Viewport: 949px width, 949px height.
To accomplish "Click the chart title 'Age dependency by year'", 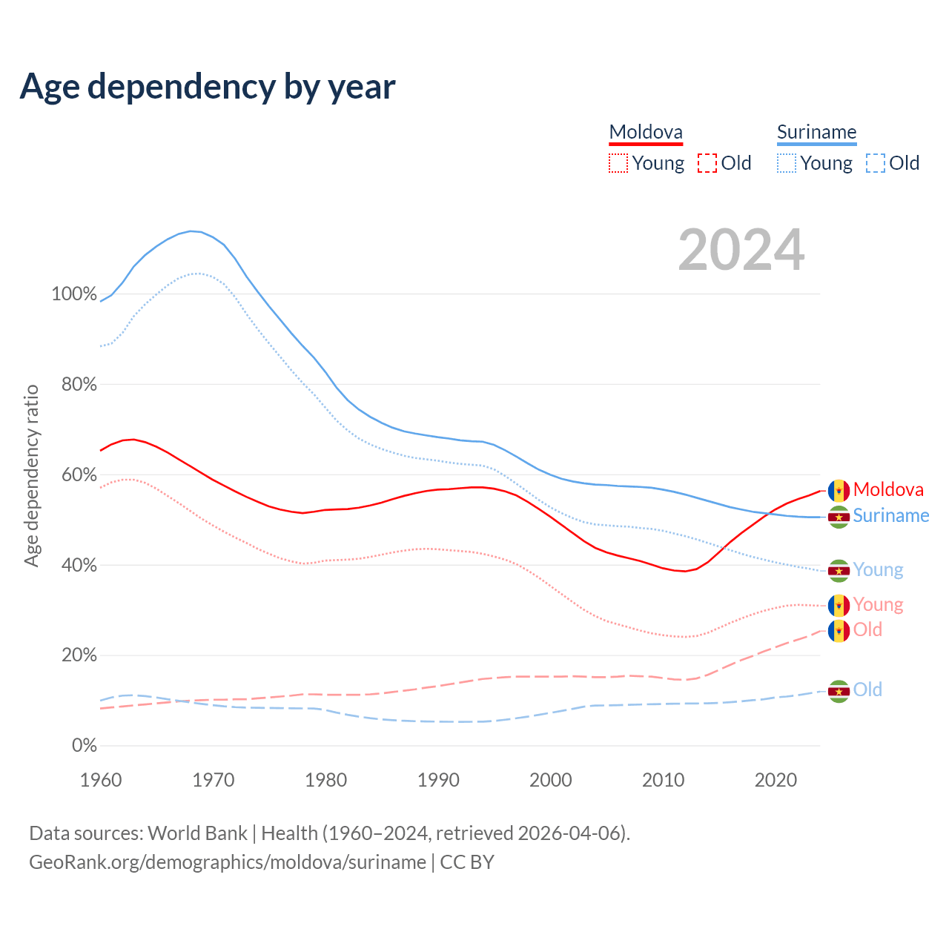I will (208, 87).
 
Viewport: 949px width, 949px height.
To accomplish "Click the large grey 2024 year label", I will (741, 251).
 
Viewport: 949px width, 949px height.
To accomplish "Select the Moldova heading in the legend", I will (646, 133).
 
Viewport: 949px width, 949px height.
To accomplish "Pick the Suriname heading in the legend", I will (816, 133).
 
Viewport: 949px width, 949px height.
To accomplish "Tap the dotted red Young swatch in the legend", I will (618, 163).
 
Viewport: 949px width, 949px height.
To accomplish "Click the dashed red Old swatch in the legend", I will (707, 163).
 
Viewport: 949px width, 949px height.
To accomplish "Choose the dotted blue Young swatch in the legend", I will (787, 163).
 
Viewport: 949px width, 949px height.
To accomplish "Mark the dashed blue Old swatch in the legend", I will (876, 163).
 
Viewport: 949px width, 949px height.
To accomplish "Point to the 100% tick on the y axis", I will (74, 294).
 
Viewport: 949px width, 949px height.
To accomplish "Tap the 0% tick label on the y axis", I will (85, 746).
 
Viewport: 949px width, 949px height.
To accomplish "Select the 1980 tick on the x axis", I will (326, 780).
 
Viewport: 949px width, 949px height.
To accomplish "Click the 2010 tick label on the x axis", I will (663, 780).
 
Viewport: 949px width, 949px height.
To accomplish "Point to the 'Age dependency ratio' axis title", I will (32, 475).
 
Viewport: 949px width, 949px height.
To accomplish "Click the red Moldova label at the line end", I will (888, 490).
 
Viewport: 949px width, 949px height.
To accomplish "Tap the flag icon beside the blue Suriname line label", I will (839, 517).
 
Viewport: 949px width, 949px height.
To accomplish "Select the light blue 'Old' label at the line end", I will (867, 690).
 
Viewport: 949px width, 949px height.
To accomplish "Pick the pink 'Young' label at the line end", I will (878, 605).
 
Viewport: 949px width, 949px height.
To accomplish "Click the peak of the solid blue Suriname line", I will (191, 231).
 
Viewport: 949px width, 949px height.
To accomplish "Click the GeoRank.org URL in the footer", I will (228, 862).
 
